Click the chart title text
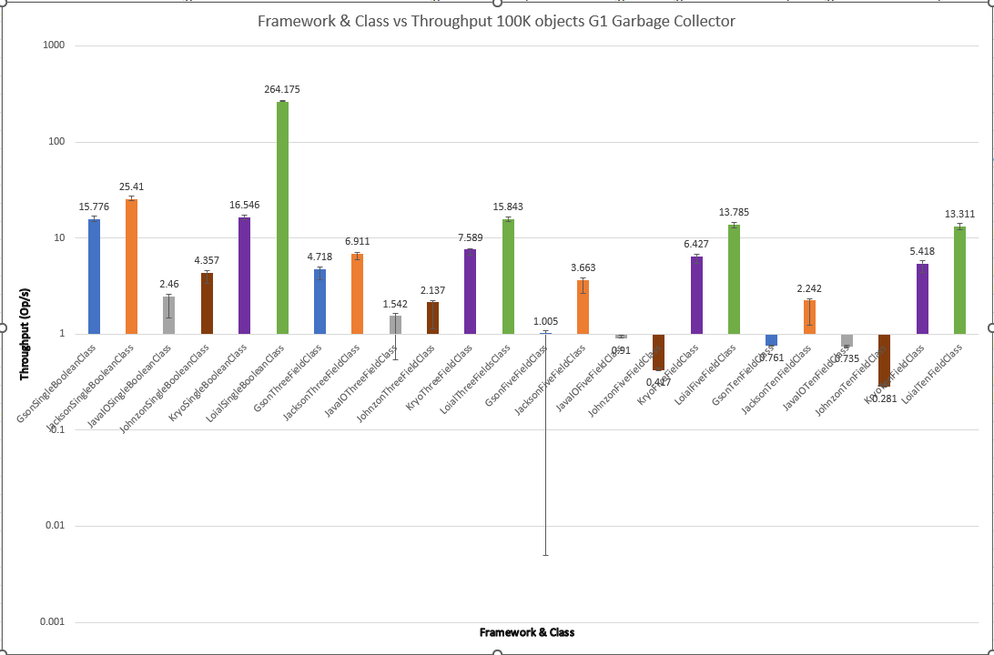496,21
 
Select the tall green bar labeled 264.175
282,218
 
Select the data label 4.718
319,257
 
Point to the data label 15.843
508,207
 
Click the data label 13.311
959,214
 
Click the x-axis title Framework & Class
527,632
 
